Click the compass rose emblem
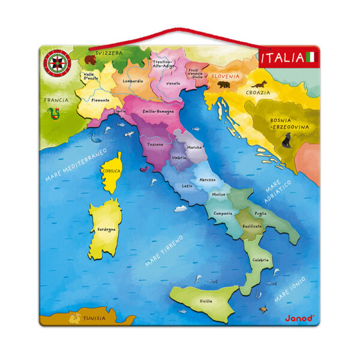pyautogui.click(x=56, y=62)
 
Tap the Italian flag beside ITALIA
pyautogui.click(x=310, y=58)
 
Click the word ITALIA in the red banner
pyautogui.click(x=282, y=58)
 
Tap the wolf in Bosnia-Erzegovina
pyautogui.click(x=286, y=142)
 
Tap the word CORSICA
pyautogui.click(x=112, y=171)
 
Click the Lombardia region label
pyautogui.click(x=132, y=80)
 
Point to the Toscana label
pyautogui.click(x=155, y=145)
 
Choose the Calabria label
pyautogui.click(x=260, y=260)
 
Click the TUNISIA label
pyautogui.click(x=94, y=318)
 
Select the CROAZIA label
pyautogui.click(x=258, y=93)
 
